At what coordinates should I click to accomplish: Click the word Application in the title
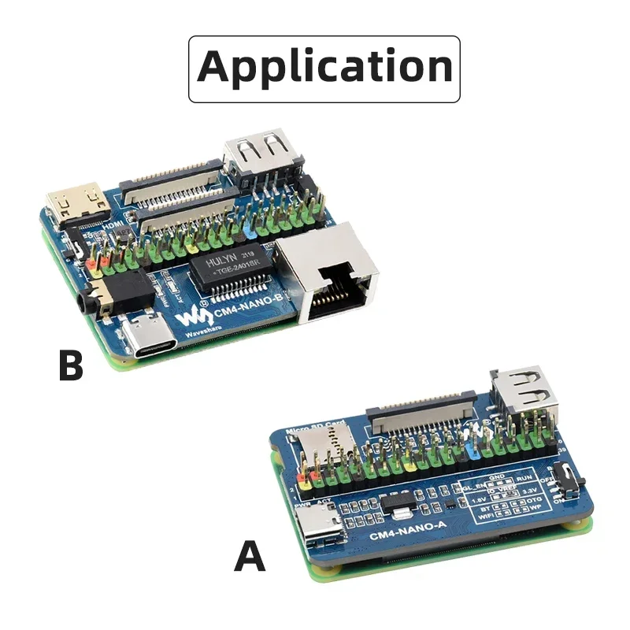pos(324,67)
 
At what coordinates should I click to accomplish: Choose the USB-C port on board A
pos(318,525)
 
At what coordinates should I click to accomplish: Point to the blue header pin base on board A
pos(475,452)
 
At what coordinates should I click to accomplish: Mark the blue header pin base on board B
pos(251,232)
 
